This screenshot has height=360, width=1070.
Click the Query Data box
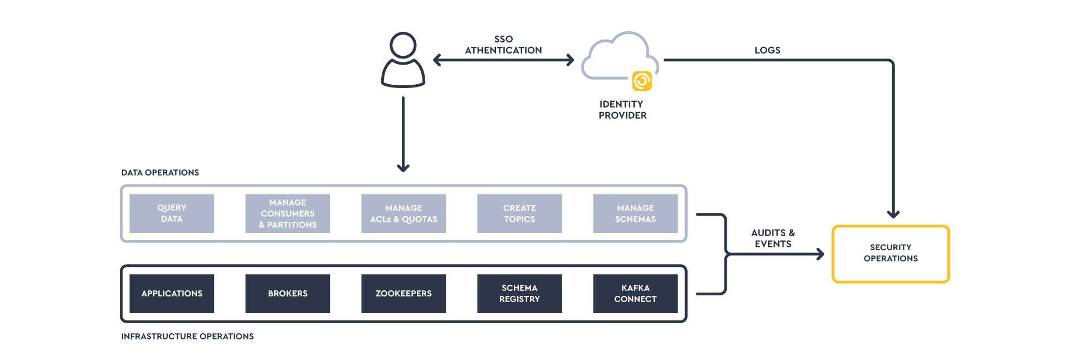[x=172, y=213]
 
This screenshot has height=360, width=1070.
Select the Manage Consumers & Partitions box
[x=288, y=213]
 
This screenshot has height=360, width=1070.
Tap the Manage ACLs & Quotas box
[x=403, y=213]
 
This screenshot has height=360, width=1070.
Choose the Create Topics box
[x=519, y=213]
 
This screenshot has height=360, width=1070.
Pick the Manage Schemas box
[x=635, y=213]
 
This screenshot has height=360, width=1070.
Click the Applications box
[x=172, y=294]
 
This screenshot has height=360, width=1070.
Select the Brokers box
[x=288, y=294]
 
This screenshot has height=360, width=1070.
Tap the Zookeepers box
[x=403, y=294]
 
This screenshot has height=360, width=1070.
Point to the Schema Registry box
[x=519, y=294]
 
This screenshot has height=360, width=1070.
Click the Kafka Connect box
[x=635, y=294]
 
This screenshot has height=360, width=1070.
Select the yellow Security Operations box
[x=891, y=254]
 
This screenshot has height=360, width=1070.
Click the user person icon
[x=403, y=60]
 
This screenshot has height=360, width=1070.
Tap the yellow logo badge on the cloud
[x=642, y=81]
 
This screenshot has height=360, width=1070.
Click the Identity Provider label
[x=622, y=110]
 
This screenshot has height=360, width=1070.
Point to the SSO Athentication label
[x=503, y=45]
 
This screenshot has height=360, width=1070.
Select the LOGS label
[x=767, y=50]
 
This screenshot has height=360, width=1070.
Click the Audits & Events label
[x=773, y=239]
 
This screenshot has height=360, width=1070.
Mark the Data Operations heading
[x=160, y=173]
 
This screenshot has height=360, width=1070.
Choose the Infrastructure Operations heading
[x=187, y=337]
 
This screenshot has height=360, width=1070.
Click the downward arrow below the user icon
[x=403, y=134]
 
